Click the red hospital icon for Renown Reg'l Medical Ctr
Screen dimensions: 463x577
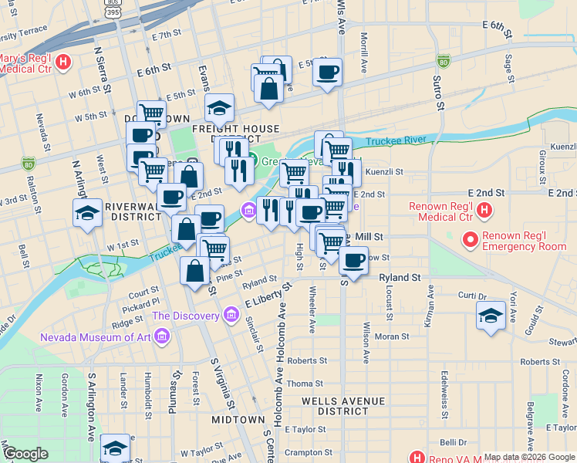coord(484,209)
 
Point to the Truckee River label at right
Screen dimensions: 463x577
coord(396,140)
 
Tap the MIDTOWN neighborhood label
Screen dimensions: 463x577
coord(238,419)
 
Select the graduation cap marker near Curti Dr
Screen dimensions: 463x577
coord(491,316)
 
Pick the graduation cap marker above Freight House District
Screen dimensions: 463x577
coord(219,108)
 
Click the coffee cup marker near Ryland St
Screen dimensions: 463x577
coord(353,260)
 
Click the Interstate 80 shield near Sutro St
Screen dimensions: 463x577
coord(443,60)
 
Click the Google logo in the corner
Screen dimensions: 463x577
coord(25,454)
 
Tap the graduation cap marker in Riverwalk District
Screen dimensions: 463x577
coord(87,213)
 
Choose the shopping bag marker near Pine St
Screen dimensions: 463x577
coord(195,271)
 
